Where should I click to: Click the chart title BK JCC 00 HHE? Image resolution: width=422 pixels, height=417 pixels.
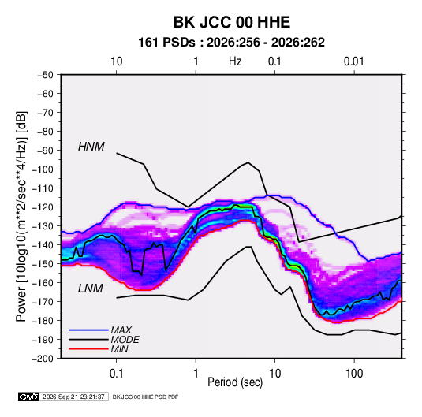tap(231, 22)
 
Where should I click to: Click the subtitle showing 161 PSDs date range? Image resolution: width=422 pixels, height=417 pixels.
tap(231, 43)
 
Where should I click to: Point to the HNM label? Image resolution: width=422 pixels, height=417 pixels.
tap(91, 147)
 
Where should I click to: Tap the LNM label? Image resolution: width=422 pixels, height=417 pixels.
tap(91, 289)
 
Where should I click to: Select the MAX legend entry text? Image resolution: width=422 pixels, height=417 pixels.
tap(121, 330)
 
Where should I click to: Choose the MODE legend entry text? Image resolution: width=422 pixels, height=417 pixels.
tap(125, 340)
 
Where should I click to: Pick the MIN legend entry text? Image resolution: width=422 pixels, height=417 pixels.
tap(119, 349)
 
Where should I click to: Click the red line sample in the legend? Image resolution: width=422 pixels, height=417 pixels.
tap(88, 349)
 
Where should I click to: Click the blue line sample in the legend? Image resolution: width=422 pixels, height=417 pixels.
tap(88, 330)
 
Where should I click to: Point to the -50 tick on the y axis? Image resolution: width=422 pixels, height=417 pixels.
tap(45, 75)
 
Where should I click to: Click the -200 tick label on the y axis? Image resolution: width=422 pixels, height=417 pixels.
tap(43, 359)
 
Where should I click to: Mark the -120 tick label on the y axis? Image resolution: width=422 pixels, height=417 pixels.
tap(43, 207)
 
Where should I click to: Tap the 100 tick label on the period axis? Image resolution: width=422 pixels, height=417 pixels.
tap(354, 374)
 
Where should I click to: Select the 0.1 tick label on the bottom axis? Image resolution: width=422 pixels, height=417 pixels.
tap(116, 374)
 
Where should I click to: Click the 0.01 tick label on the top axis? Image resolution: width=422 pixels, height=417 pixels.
tap(353, 61)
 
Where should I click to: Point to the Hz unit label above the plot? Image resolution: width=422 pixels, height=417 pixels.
tap(235, 61)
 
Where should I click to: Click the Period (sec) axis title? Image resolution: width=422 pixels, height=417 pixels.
tap(235, 382)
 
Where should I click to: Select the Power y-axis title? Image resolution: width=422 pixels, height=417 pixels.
tap(21, 217)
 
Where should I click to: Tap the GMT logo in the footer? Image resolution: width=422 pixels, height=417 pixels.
tap(28, 397)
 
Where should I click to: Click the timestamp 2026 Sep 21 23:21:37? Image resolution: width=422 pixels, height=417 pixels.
tap(73, 397)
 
